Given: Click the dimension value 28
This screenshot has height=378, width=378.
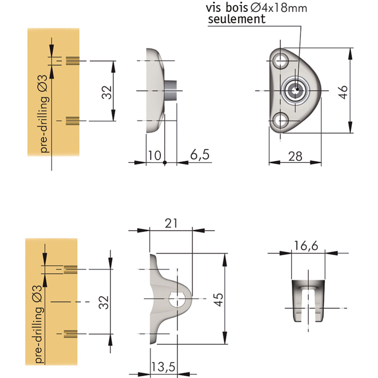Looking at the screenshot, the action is click(x=295, y=156).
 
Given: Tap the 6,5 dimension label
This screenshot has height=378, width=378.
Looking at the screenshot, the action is click(x=200, y=154).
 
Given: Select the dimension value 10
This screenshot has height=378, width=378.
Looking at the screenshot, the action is click(x=154, y=155).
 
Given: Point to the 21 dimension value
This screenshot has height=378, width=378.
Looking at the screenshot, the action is click(x=171, y=223).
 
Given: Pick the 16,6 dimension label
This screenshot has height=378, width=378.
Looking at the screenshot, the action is click(x=306, y=245).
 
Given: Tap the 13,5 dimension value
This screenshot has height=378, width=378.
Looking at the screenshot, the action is click(x=163, y=367).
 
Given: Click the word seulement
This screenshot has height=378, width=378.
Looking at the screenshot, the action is click(x=237, y=19).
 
